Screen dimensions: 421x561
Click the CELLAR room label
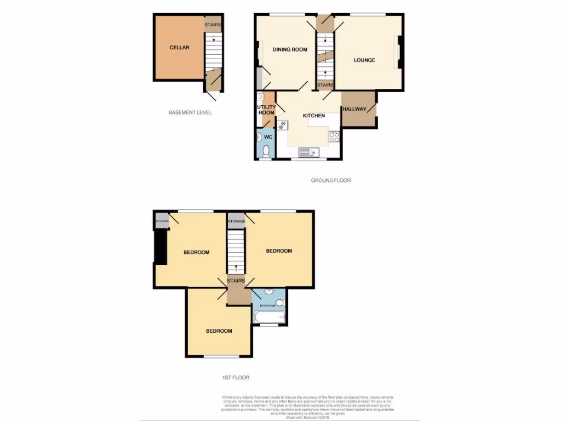point(179,48)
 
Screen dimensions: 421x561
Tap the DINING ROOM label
point(290,50)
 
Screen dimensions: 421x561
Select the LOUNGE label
point(364,60)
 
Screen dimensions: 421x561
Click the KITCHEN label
point(314,116)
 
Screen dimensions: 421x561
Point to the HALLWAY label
point(354,109)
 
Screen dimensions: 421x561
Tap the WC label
point(268,136)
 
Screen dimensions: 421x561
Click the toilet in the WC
point(267,150)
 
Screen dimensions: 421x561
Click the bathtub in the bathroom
point(269,317)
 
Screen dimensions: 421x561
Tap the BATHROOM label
point(267,305)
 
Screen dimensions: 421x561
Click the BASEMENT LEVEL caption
point(190,112)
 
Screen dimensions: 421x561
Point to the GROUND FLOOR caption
point(330,180)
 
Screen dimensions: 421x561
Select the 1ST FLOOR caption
point(237,378)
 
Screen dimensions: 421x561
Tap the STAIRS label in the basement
point(213,25)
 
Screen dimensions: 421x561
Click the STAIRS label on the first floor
point(236,281)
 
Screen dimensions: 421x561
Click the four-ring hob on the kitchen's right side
point(334,136)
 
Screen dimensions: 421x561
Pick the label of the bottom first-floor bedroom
point(219,331)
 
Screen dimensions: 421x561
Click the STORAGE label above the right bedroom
point(236,221)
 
